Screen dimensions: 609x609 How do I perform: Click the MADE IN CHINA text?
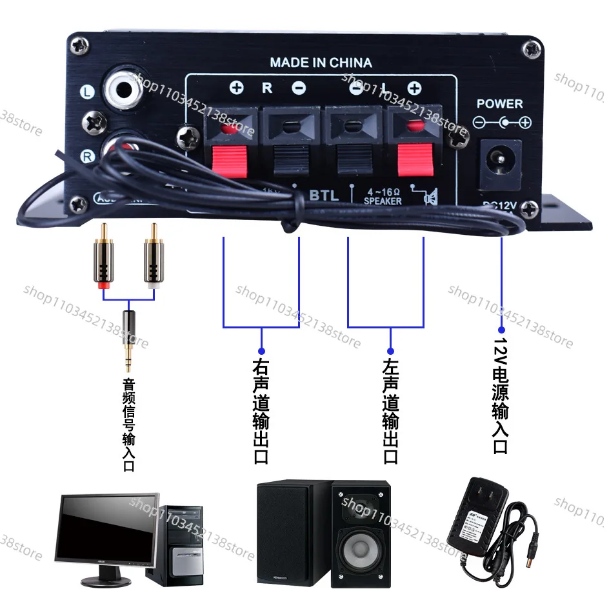(321, 63)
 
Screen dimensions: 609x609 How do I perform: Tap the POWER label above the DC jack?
(499, 103)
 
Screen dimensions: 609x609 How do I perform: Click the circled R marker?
(86, 155)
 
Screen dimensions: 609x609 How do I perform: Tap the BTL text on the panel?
(324, 195)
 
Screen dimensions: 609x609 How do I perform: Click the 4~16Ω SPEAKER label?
(383, 196)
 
